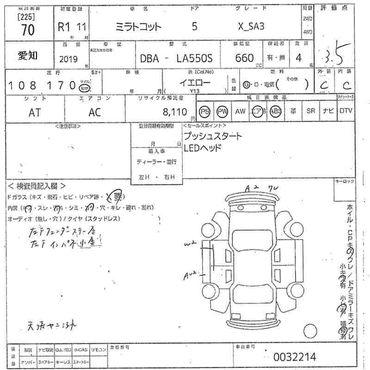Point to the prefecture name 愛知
coord(28,56)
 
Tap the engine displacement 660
coord(245,58)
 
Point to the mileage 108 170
coord(42,86)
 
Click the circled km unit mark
coord(84,88)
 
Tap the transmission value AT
coord(34,112)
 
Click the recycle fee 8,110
coord(175,112)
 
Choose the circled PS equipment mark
coord(204,111)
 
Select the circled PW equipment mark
coord(222,111)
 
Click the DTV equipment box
coord(345,111)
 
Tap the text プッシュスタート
coord(212,137)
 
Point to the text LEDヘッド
coord(203,148)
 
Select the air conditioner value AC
coord(95,112)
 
